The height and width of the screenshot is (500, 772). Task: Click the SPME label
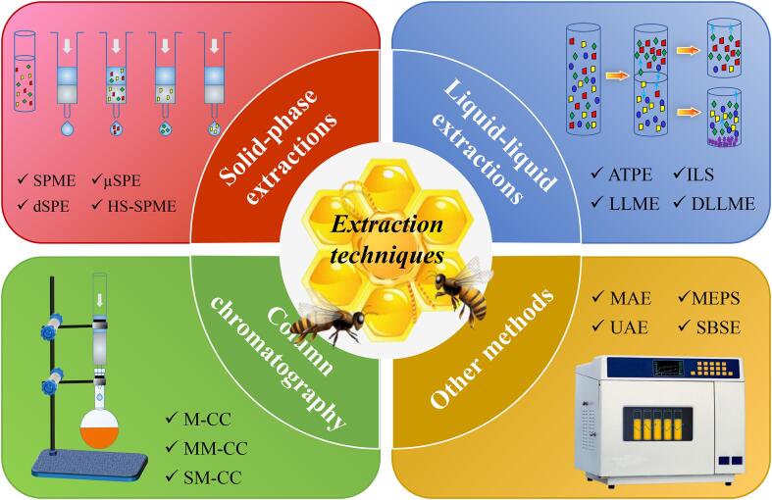point(54,180)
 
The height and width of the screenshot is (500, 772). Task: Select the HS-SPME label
point(141,206)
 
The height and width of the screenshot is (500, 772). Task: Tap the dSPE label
point(51,206)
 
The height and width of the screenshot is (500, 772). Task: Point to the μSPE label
point(122,180)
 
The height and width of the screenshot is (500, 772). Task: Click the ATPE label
point(630,175)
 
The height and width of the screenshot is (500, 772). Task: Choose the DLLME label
point(723,203)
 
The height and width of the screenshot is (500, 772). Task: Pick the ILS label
point(700,175)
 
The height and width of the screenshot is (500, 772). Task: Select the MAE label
point(630,298)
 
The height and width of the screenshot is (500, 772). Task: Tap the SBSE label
point(718,327)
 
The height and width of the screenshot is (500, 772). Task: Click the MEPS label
point(716,298)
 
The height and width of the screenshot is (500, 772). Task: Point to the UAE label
point(629,327)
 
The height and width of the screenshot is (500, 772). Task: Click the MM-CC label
point(215,448)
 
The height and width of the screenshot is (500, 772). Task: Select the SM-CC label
point(212,476)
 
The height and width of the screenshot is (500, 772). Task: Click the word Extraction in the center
point(387,225)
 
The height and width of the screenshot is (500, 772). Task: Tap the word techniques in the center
point(387,256)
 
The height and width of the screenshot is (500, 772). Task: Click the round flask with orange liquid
point(100,428)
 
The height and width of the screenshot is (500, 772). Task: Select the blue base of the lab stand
point(89,465)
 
